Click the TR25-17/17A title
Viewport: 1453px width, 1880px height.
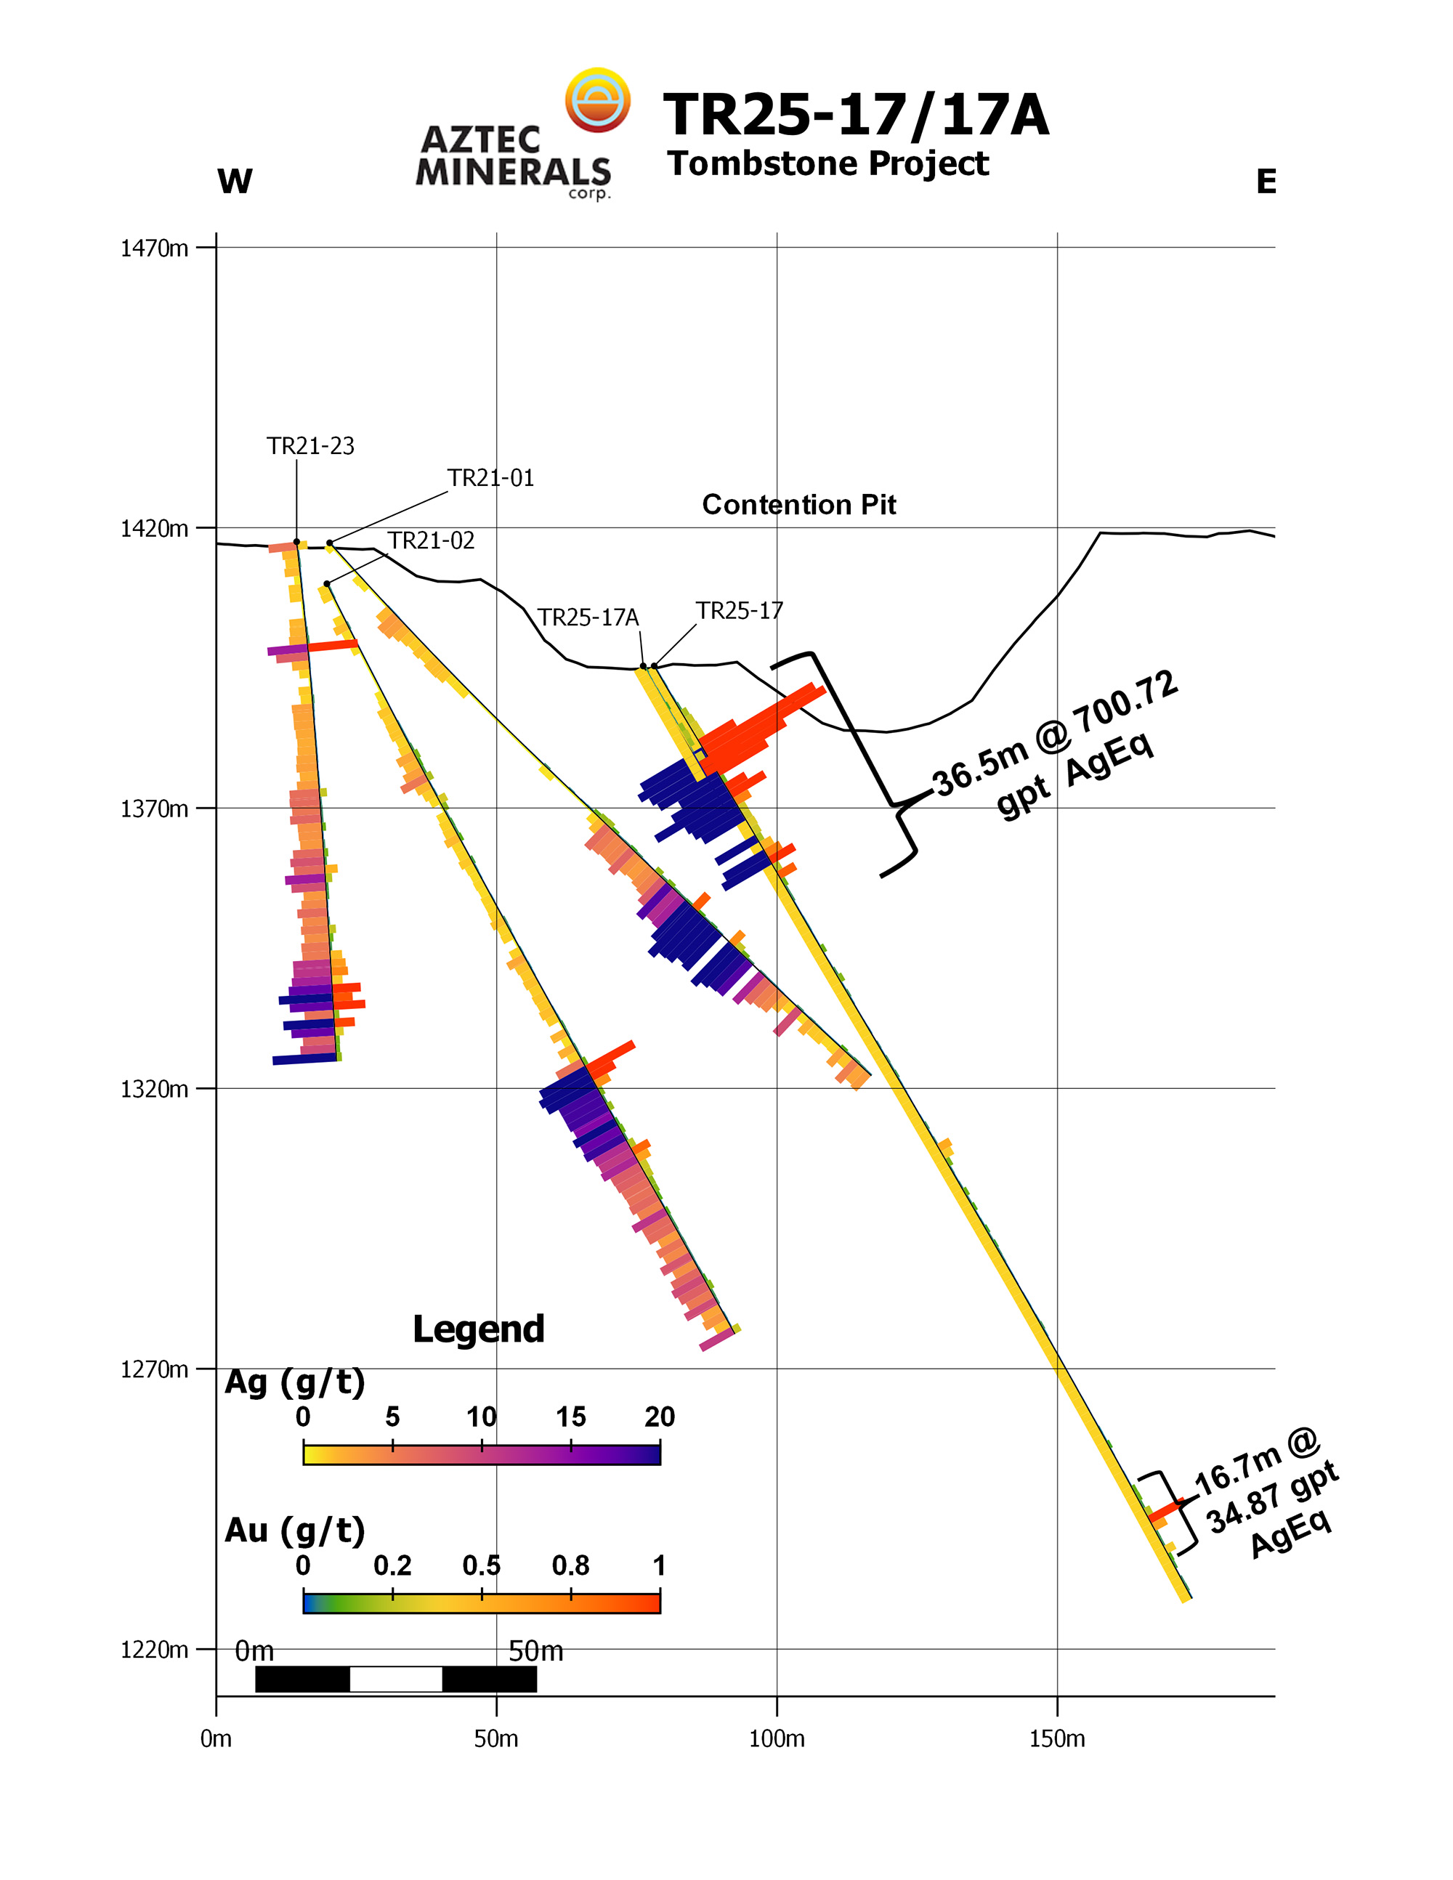pos(856,116)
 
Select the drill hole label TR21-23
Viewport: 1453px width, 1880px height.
pos(310,446)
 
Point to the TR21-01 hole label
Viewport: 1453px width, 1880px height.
pos(490,478)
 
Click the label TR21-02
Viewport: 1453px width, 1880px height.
pos(430,540)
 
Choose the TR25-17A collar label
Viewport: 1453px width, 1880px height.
pos(588,617)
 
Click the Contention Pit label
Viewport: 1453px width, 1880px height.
pos(799,504)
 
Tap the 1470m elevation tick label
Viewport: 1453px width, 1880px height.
pos(154,248)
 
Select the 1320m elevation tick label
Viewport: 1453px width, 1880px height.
pos(154,1089)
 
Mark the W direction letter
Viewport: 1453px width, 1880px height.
pos(235,182)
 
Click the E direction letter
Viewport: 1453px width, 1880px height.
pos(1266,182)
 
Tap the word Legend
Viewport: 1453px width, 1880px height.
pos(479,1328)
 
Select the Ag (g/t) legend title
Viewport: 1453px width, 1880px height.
pos(294,1381)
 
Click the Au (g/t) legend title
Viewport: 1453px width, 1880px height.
pos(294,1530)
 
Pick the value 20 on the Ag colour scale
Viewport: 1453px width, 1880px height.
pos(660,1417)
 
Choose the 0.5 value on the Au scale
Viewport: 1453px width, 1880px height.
pos(481,1565)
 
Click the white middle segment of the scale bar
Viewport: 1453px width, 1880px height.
pos(396,1679)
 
